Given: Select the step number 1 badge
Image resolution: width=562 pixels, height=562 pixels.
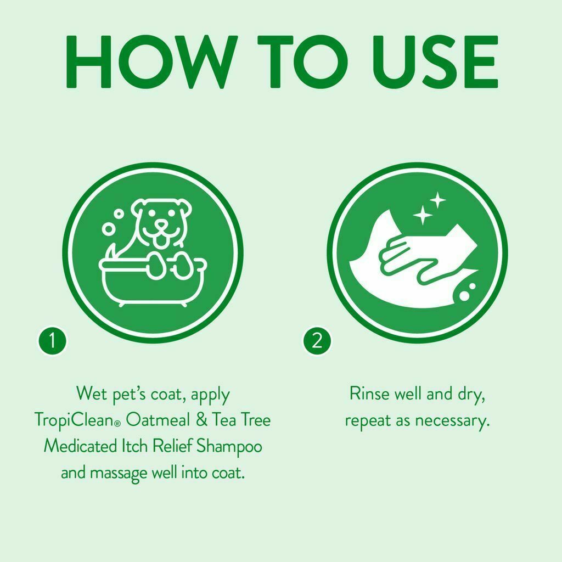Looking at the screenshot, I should click(x=53, y=341).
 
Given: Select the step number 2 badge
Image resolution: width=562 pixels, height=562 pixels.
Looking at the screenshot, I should click(x=317, y=341).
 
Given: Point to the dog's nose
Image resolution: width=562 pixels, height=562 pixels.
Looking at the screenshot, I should click(x=161, y=225).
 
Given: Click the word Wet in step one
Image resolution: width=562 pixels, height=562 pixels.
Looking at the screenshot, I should click(x=89, y=394).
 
